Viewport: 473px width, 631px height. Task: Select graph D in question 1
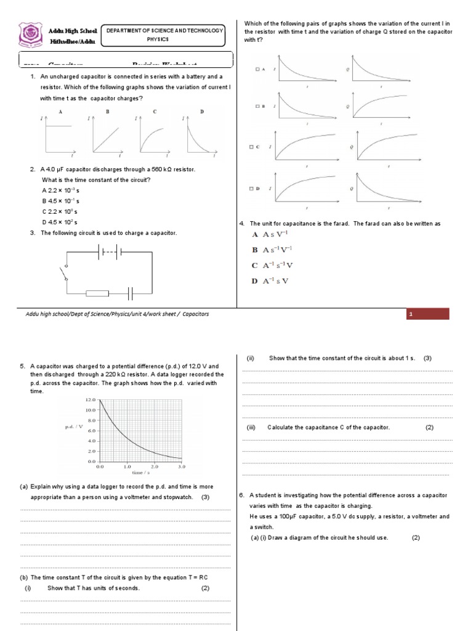tap(198, 136)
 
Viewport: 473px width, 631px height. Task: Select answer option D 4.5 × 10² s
tap(60, 222)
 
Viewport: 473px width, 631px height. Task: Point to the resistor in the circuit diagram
tap(97, 293)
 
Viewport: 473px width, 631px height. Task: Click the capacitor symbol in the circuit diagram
tap(131, 293)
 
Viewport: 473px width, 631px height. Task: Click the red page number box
tap(428, 314)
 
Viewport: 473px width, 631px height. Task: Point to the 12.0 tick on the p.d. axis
tap(89, 399)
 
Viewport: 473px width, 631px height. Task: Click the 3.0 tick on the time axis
tap(181, 467)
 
